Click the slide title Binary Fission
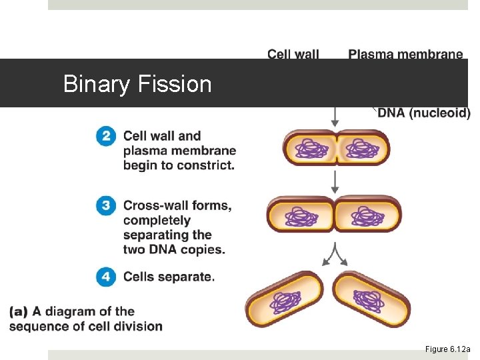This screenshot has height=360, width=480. tap(137, 84)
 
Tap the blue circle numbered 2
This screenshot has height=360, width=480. tap(105, 137)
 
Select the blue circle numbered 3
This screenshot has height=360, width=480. tap(105, 206)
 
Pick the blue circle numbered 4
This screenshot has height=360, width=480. tap(105, 277)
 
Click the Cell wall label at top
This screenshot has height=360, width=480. tap(293, 54)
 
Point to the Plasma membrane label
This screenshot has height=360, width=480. tap(405, 54)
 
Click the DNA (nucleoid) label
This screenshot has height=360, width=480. tap(423, 113)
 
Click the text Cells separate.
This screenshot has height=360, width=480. tap(169, 277)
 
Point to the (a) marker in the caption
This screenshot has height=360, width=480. tap(19, 311)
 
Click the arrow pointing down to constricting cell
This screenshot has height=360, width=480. tap(335, 117)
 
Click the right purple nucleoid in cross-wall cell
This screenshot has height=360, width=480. tap(367, 215)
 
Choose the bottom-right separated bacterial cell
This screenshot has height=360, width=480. tap(371, 299)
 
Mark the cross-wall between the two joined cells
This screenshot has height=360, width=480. tap(334, 215)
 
